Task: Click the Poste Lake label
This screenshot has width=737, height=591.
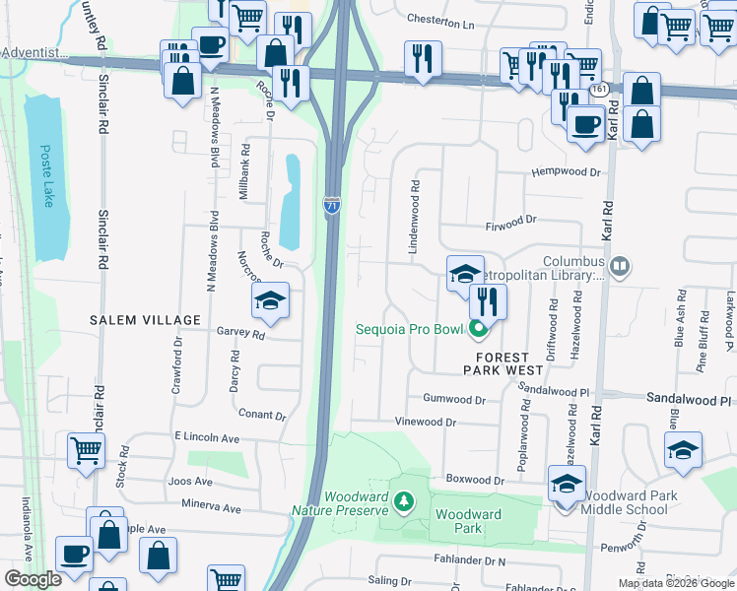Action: tap(45, 176)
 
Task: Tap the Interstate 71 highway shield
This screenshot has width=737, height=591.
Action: tap(332, 206)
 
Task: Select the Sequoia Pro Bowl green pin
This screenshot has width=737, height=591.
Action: tap(479, 329)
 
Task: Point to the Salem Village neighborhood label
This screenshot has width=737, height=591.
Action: tap(145, 320)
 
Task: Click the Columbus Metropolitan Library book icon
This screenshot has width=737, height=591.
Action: tap(620, 265)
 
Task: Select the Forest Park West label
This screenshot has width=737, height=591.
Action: tap(503, 362)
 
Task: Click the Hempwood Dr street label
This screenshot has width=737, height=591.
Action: tap(566, 172)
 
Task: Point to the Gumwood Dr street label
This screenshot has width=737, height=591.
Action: tap(454, 400)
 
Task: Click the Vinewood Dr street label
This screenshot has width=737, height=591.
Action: tap(426, 422)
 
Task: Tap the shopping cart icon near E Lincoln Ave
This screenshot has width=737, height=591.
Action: tap(86, 450)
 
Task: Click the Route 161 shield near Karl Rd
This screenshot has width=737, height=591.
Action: tap(598, 90)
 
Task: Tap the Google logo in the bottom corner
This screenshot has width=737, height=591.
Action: tap(33, 579)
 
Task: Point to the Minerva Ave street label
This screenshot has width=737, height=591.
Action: tap(211, 508)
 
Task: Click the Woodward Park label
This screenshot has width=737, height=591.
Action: tap(468, 521)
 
